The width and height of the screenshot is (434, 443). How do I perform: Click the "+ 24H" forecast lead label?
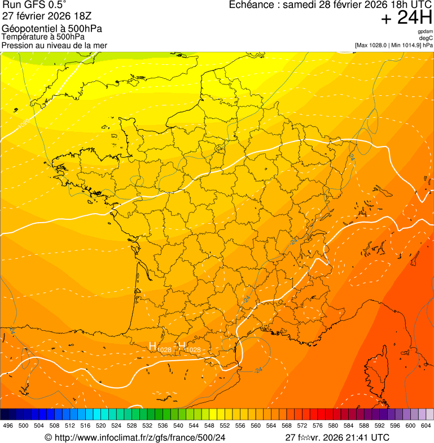coord(406,19)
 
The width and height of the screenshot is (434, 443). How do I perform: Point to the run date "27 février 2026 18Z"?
coord(47,16)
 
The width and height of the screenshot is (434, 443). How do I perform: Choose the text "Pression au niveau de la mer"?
coord(54,45)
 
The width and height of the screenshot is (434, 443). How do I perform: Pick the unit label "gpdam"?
coord(425,32)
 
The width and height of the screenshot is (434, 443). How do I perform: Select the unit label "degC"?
coord(426,38)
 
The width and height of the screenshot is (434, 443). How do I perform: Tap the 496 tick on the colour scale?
coord(8,426)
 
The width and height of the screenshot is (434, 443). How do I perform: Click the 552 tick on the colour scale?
coord(225,426)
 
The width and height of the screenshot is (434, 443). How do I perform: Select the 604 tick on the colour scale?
coord(426,426)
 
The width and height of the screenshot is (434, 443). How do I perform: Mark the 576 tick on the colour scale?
coord(318,426)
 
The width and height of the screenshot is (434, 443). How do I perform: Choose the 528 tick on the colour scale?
coord(132,426)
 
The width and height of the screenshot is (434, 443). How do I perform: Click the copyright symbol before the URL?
coord(49,437)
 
